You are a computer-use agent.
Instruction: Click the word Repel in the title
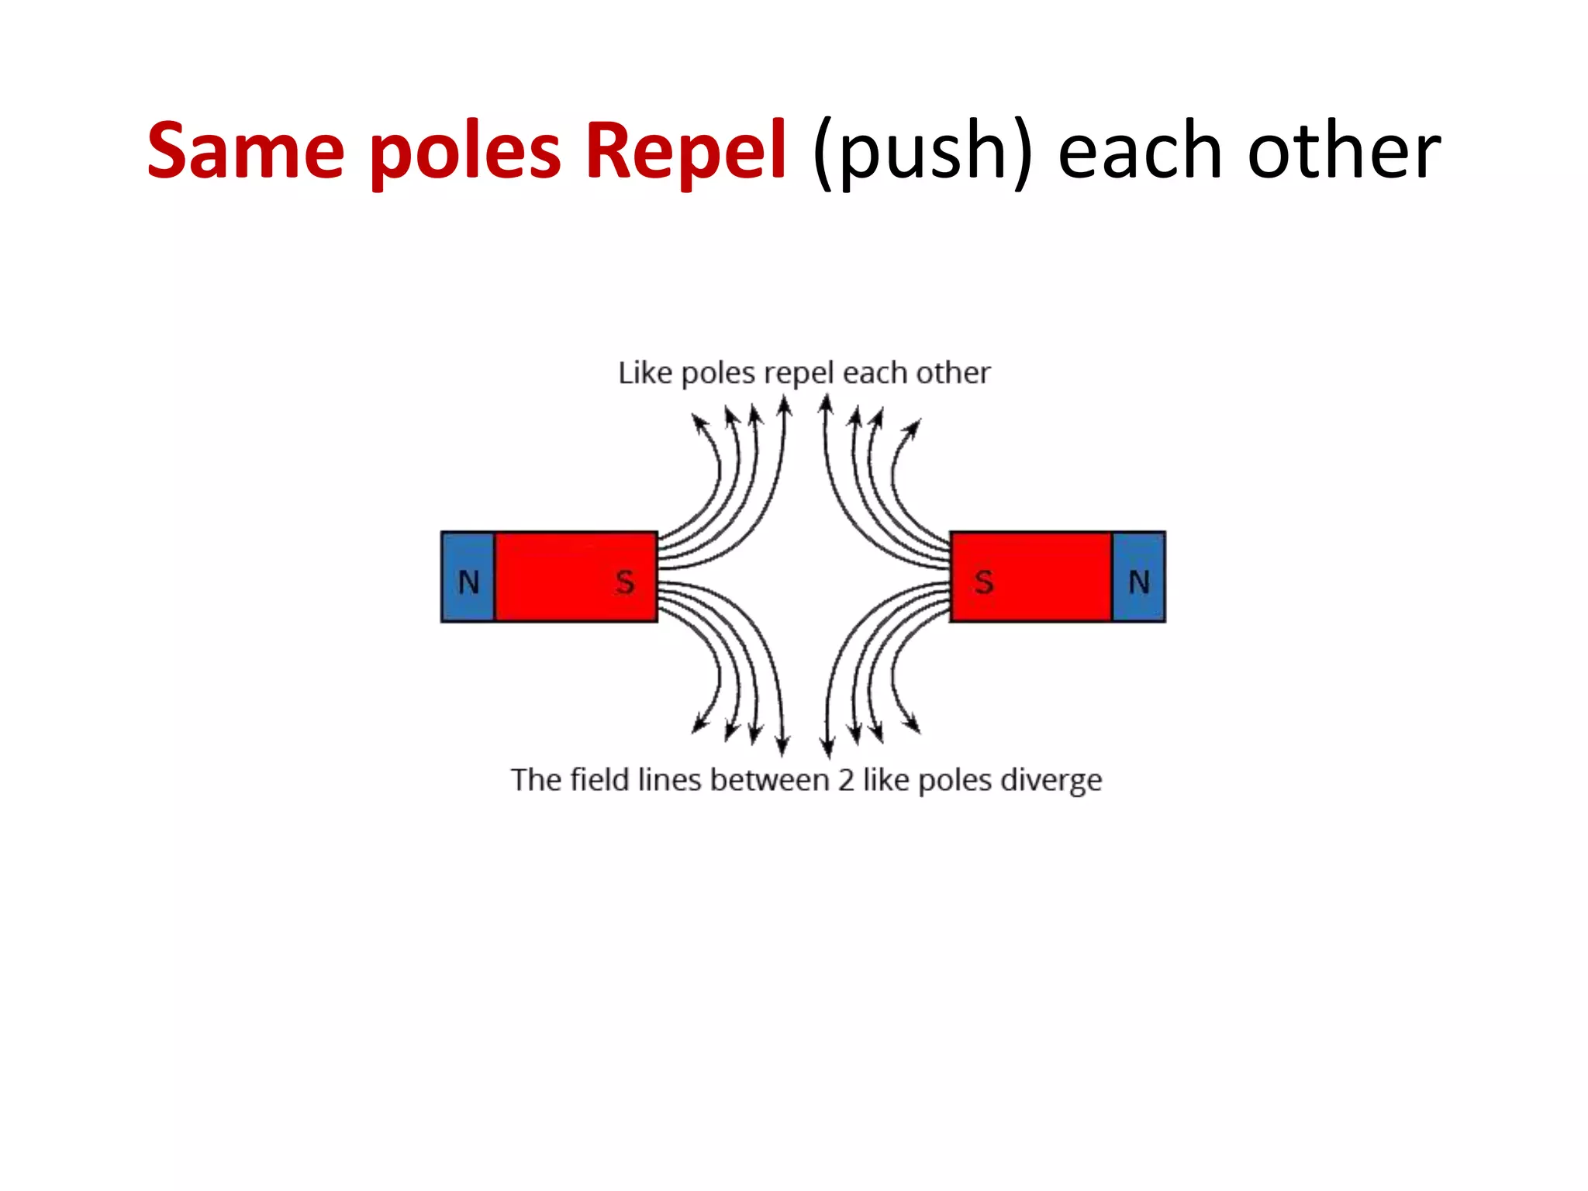coord(685,151)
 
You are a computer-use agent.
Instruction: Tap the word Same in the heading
coord(245,151)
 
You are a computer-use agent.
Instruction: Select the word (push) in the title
coord(922,151)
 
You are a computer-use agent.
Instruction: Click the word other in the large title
coord(1343,151)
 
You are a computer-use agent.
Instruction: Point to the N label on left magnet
coord(468,582)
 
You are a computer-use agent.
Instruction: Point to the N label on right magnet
coord(1138,582)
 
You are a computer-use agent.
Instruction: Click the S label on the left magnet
coord(625,582)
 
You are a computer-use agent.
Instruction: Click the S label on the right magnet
coord(984,582)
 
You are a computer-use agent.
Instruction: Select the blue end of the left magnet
coord(468,558)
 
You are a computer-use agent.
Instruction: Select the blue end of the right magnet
coord(1138,558)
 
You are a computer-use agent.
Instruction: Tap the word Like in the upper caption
coord(644,373)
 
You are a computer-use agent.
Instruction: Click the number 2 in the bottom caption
coord(846,780)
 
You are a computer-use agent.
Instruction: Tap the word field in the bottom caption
coord(599,779)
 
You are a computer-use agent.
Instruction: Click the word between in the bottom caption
coord(769,780)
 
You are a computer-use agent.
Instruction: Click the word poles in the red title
coord(464,151)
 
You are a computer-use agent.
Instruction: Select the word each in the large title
coord(1140,151)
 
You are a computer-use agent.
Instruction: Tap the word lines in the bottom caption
coord(670,780)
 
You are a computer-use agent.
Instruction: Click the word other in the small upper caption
coord(953,373)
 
